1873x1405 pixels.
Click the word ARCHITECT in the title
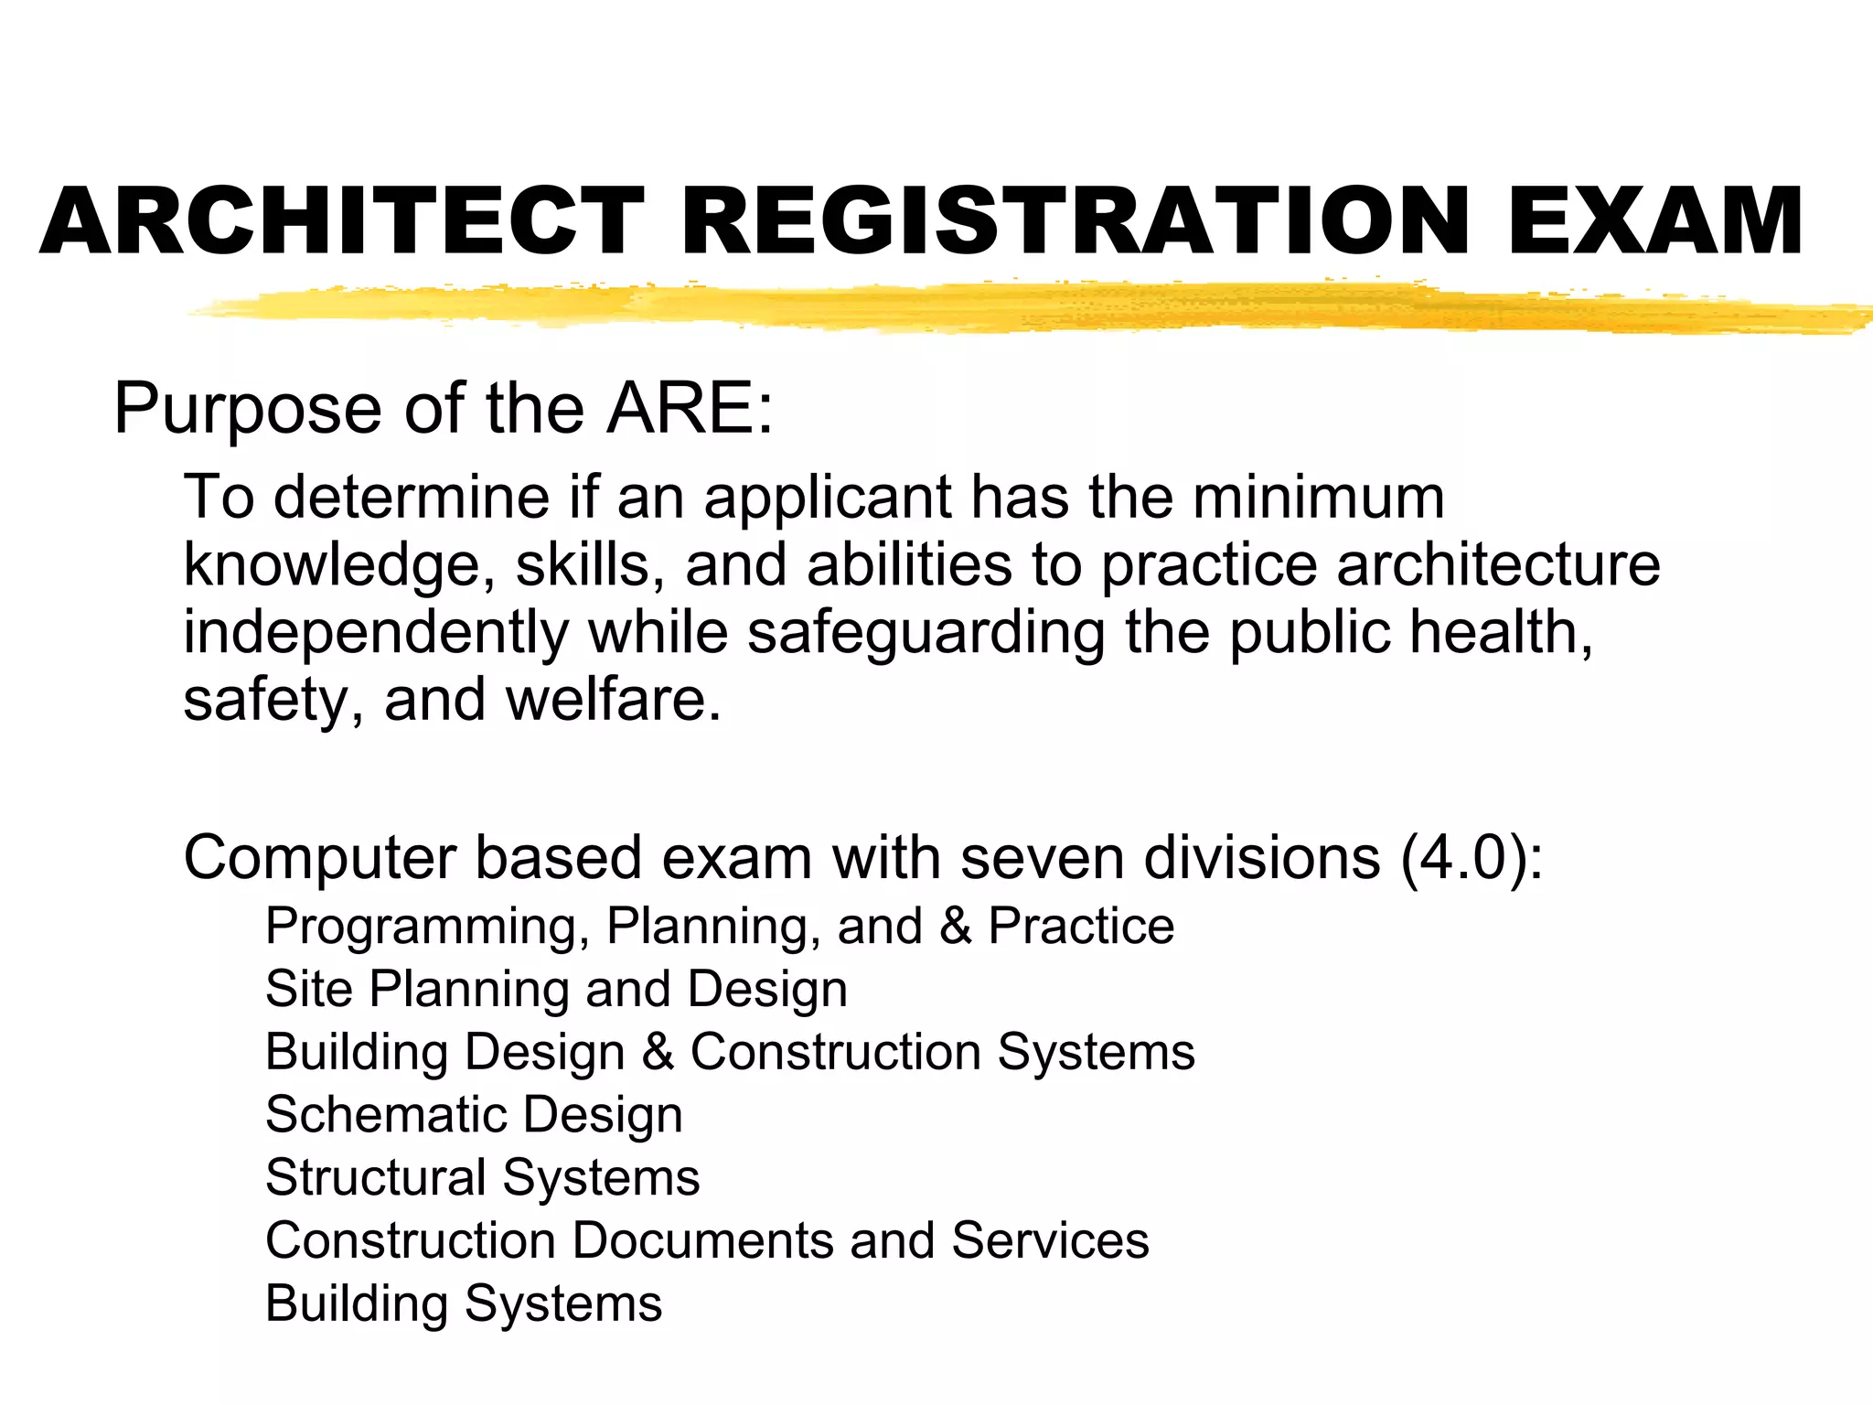(x=342, y=221)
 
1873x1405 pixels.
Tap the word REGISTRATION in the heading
(x=1076, y=221)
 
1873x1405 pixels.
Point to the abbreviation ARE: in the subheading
(x=690, y=408)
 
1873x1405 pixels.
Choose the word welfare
(x=614, y=701)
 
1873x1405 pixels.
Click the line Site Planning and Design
(x=556, y=990)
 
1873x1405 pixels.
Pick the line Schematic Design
(x=474, y=1115)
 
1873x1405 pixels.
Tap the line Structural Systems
(x=482, y=1177)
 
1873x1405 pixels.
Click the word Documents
(x=703, y=1241)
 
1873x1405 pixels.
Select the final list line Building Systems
(x=463, y=1304)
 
